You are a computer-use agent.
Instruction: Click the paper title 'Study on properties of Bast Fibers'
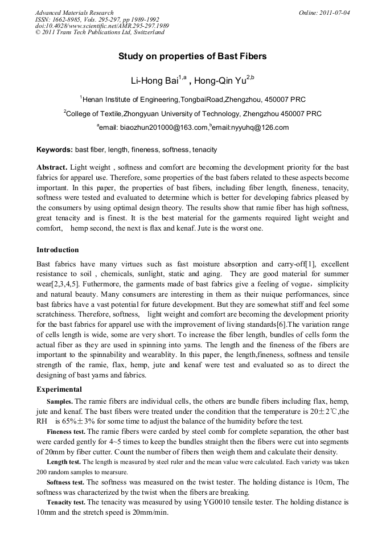pos(192,56)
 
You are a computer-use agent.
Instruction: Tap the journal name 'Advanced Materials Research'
pos(74,13)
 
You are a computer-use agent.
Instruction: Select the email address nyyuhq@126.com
pos(259,128)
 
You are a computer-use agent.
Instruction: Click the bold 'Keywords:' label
pos(55,150)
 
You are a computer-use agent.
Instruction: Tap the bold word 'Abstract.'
pos(52,168)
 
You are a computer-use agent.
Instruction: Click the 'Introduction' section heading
pos(58,249)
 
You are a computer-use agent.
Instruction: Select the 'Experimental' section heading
pos(59,389)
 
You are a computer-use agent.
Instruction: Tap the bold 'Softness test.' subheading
pos(67,482)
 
